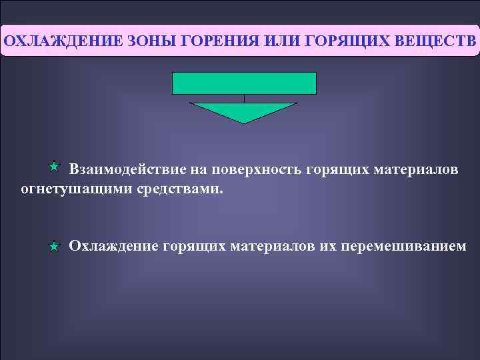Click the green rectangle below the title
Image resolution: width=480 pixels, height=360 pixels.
coord(244,83)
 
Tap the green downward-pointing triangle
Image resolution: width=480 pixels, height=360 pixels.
coord(244,111)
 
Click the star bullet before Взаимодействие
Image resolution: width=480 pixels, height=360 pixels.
coord(55,165)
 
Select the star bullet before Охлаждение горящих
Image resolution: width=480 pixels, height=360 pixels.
coord(55,247)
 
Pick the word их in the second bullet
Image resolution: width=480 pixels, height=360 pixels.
coord(326,247)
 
